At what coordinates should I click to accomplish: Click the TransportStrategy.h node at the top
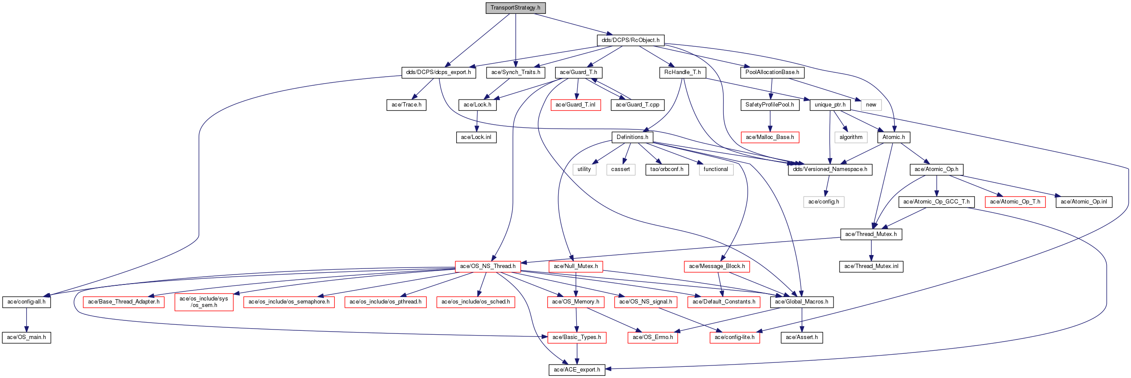click(516, 8)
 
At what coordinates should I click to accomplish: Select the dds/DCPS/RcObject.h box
click(631, 40)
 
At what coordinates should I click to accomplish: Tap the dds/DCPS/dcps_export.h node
click(438, 72)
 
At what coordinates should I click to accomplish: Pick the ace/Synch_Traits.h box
click(516, 72)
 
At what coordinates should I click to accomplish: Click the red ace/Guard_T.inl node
click(575, 105)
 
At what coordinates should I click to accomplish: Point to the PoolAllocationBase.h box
click(772, 72)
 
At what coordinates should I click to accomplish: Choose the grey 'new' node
click(871, 105)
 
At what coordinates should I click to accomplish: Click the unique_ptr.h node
click(830, 105)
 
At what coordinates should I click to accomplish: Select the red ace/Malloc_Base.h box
click(770, 137)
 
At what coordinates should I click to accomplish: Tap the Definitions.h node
click(632, 137)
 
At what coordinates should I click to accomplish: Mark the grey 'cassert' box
click(621, 169)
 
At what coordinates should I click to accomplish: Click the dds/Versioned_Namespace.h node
click(830, 169)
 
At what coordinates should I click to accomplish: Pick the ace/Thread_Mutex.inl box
click(871, 266)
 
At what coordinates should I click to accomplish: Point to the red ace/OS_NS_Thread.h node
click(488, 266)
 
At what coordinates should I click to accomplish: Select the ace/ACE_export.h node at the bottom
click(577, 370)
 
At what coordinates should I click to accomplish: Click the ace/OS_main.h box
click(27, 337)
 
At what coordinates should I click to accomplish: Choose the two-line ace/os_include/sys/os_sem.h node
click(204, 302)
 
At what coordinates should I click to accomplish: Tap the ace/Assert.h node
click(802, 337)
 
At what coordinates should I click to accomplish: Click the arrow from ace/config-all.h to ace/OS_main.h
click(27, 320)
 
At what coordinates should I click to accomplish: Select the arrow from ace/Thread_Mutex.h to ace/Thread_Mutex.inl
click(871, 250)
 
